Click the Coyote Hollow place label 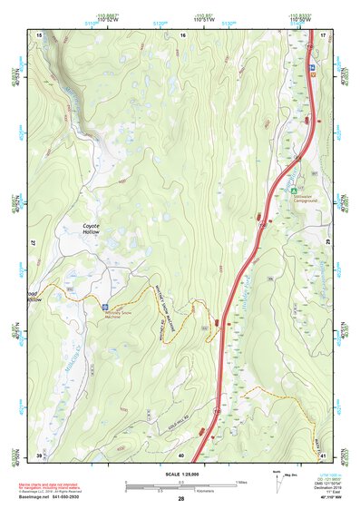[92, 229]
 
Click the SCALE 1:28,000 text [181, 473]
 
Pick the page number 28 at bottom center [181, 499]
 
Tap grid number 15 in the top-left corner [40, 34]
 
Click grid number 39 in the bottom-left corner [39, 454]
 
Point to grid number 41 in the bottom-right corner [322, 454]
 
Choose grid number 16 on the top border [182, 34]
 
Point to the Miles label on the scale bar [241, 481]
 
